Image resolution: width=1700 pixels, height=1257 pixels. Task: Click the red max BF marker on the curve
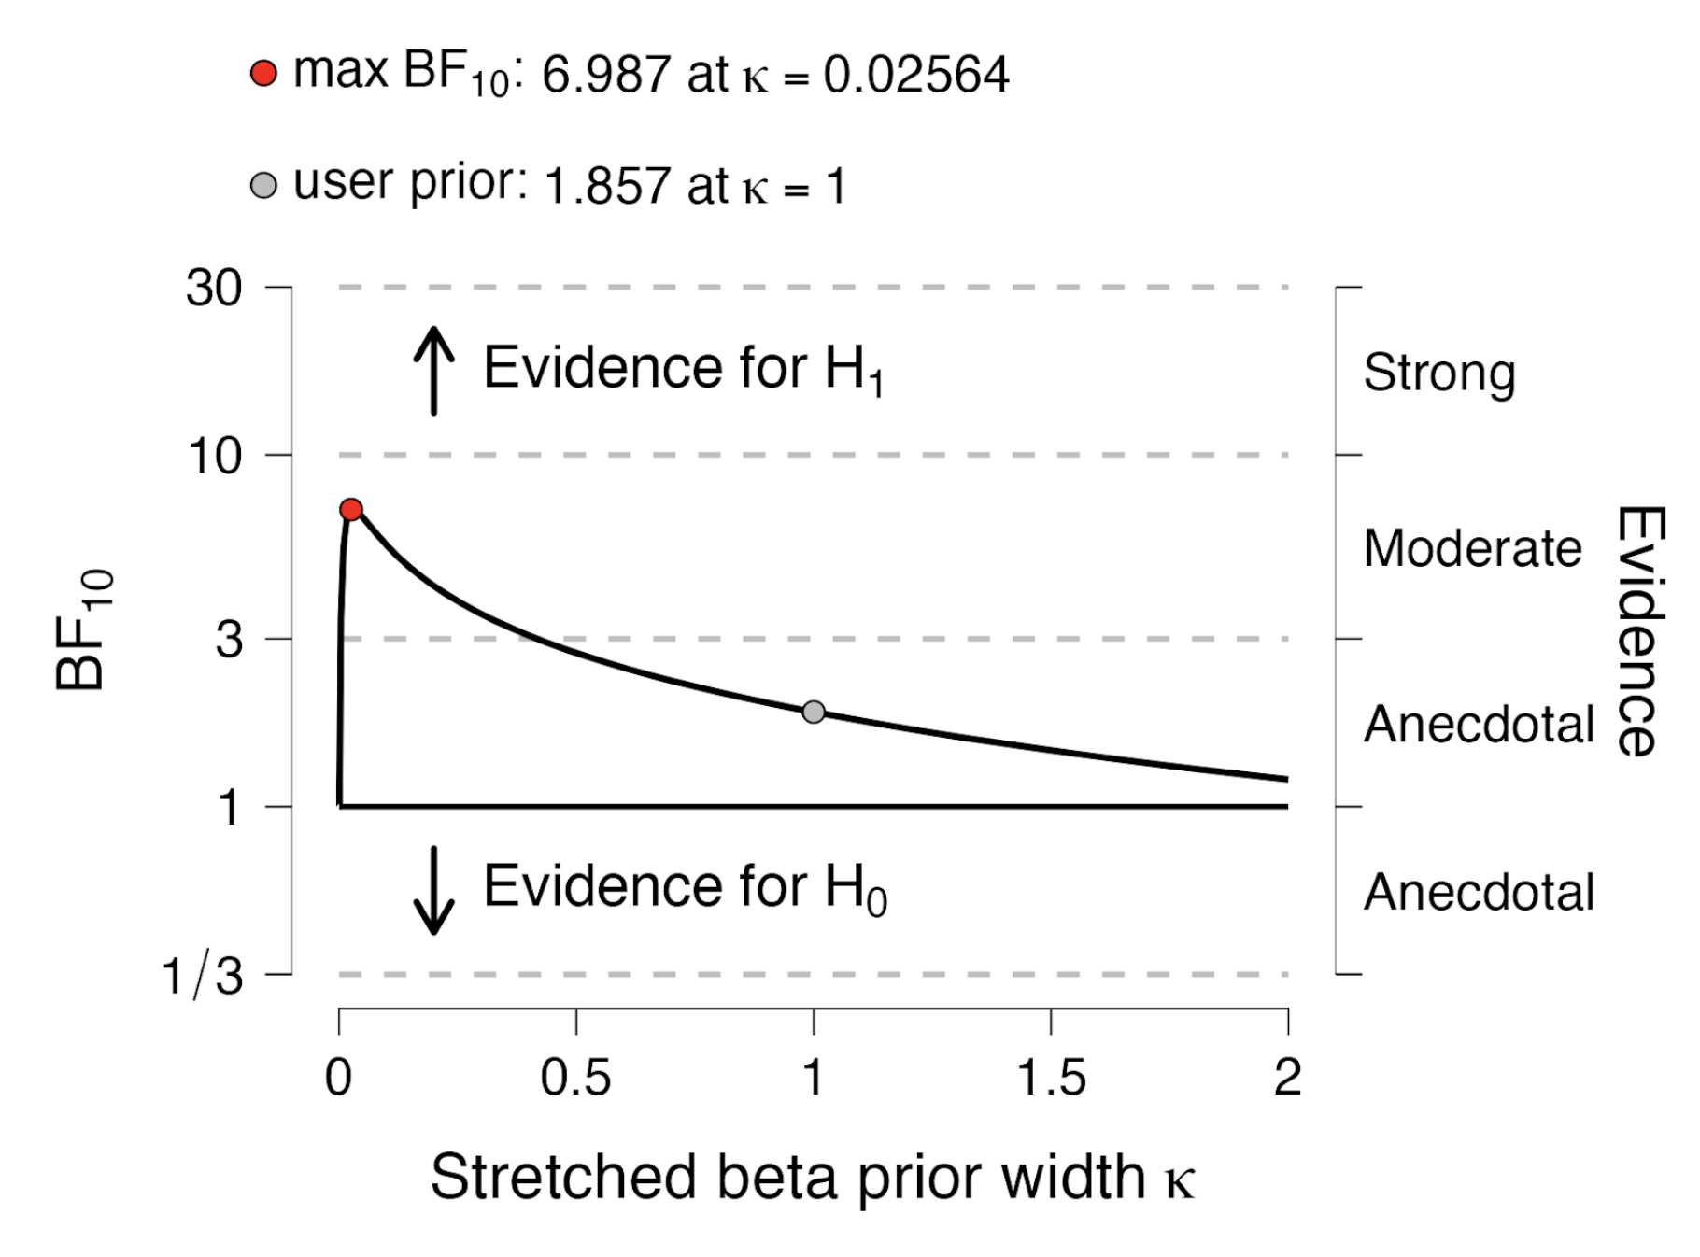351,509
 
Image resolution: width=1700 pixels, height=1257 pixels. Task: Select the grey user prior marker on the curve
814,713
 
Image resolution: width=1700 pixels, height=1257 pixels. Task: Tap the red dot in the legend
264,73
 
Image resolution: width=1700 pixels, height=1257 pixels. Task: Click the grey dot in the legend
264,185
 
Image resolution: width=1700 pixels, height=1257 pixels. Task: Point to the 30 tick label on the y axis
214,288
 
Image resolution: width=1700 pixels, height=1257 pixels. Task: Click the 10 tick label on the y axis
215,456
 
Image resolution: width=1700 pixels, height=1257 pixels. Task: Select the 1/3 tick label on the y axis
203,977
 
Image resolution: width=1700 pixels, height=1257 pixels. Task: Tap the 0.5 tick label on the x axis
575,1078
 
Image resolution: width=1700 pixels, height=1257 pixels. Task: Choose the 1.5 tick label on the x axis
1051,1078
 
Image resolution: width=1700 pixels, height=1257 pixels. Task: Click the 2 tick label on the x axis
1287,1078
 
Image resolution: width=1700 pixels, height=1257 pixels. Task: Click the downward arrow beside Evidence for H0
433,890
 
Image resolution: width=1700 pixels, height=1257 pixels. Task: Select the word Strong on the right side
1438,373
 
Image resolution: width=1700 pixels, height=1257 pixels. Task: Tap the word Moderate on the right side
1472,548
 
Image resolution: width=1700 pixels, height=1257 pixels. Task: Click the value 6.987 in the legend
605,75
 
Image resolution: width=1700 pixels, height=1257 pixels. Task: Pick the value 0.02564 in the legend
915,75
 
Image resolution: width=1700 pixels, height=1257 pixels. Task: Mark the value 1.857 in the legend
606,186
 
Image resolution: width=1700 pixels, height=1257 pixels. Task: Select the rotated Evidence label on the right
1640,630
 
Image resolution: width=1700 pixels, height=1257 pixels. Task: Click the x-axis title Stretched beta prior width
812,1177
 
